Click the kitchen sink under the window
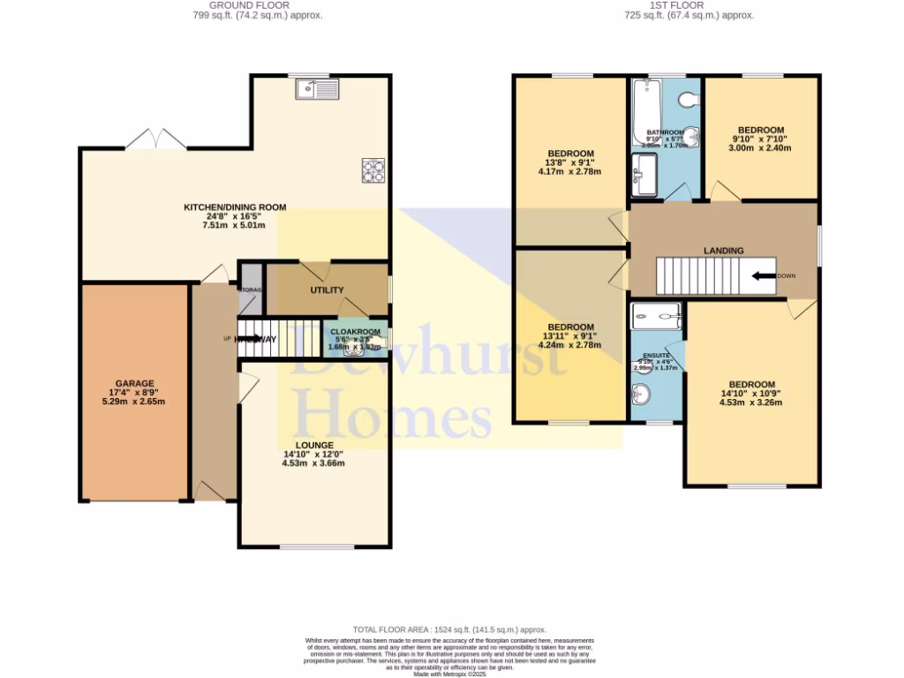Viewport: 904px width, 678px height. (318, 88)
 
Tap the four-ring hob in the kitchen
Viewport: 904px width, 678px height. (373, 169)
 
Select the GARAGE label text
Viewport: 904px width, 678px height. (133, 383)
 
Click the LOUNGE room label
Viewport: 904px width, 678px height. (313, 445)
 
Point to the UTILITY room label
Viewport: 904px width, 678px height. (326, 290)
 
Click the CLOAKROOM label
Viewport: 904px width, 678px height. (356, 333)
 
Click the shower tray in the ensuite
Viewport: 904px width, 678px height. (657, 315)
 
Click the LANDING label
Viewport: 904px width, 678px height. (723, 251)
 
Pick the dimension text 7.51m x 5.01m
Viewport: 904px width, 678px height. (235, 224)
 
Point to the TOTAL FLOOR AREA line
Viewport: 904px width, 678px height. (450, 629)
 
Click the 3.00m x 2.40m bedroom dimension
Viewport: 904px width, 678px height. (759, 148)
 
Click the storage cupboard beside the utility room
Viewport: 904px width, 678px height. (250, 289)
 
